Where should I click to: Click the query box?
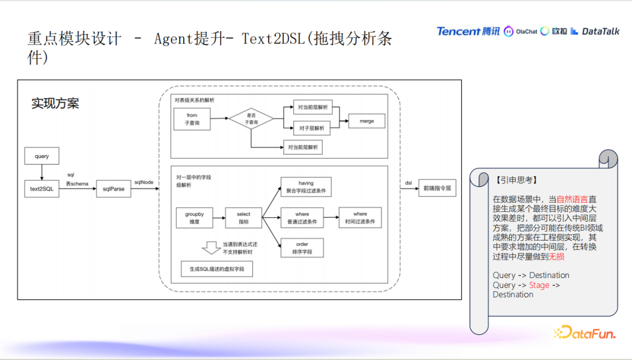pos(42,156)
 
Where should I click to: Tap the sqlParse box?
pos(114,188)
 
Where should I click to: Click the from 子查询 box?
pos(192,119)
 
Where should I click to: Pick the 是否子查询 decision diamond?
pos(251,119)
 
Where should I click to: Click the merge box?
pos(367,121)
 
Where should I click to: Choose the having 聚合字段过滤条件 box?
pos(306,187)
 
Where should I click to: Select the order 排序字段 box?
pos(302,248)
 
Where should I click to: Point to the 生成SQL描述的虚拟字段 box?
pos(216,269)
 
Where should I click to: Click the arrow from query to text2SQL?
pos(42,172)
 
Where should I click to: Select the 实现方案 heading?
pos(55,104)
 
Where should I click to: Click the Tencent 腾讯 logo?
pos(468,31)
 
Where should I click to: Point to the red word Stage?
pos(539,285)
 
